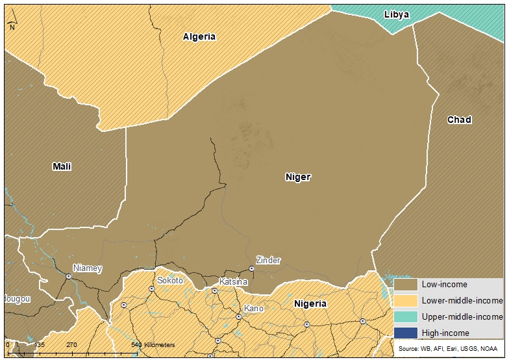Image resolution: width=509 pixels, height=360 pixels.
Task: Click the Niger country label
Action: (298, 177)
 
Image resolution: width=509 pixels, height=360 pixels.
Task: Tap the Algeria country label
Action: (199, 37)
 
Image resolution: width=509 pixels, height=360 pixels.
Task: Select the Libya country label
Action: (397, 14)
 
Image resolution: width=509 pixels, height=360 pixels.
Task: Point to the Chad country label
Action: (459, 120)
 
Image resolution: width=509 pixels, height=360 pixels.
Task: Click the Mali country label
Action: (62, 166)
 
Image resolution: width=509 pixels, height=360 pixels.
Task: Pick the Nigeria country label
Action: (310, 303)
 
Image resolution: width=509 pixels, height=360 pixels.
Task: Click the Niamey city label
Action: (88, 268)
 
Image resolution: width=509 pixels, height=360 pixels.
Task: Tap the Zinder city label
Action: (268, 261)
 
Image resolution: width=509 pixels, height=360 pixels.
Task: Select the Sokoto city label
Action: (170, 281)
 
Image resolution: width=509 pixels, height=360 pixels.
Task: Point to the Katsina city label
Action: (233, 281)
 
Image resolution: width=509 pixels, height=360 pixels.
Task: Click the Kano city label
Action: (253, 308)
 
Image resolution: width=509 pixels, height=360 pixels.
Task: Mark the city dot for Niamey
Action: (68, 276)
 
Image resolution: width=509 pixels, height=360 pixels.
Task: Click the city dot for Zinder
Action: (252, 268)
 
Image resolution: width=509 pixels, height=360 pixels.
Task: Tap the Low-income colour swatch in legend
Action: (406, 285)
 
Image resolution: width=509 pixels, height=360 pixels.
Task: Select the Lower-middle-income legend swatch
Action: (406, 301)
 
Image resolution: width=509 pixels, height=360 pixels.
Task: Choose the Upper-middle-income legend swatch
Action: (406, 316)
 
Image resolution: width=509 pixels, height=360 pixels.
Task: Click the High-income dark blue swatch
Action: (406, 333)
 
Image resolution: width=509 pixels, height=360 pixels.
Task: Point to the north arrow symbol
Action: (12, 23)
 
